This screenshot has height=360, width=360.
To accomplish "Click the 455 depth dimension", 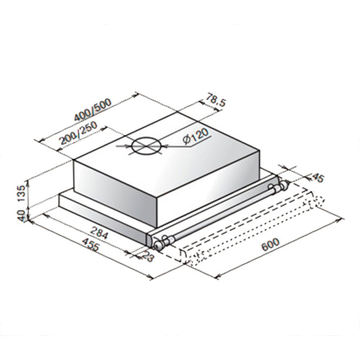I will (x=91, y=247).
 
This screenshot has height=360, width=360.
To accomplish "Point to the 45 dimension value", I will (x=317, y=177).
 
